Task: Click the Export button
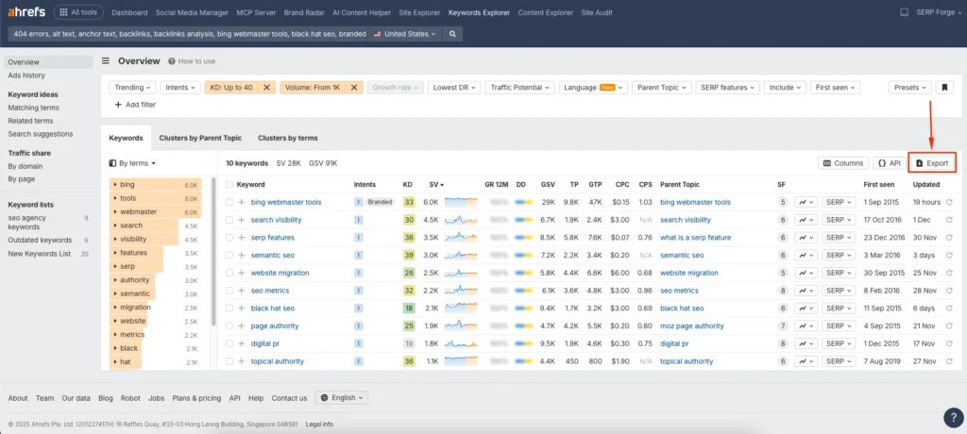(x=932, y=163)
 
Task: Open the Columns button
(x=842, y=163)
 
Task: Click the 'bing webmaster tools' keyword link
(x=286, y=202)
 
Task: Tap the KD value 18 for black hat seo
(x=408, y=309)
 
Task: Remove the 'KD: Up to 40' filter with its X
(x=267, y=87)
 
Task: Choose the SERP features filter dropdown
(x=726, y=87)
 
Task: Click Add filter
(x=135, y=105)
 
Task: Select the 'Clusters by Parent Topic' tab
(x=200, y=138)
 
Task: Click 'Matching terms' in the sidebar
(x=33, y=108)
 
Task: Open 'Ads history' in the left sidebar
(x=26, y=75)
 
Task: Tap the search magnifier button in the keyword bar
(x=453, y=34)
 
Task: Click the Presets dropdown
(x=909, y=87)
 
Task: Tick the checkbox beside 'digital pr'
(x=229, y=343)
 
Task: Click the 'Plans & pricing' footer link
(x=196, y=397)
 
